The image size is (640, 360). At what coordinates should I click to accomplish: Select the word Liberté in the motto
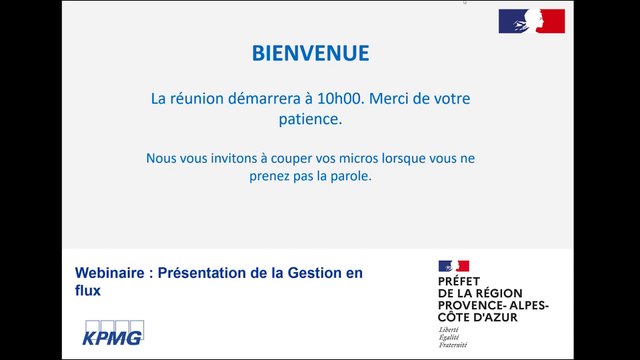[x=450, y=329]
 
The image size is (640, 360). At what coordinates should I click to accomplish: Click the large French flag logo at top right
[x=532, y=20]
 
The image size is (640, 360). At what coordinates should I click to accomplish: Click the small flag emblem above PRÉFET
[x=453, y=266]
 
